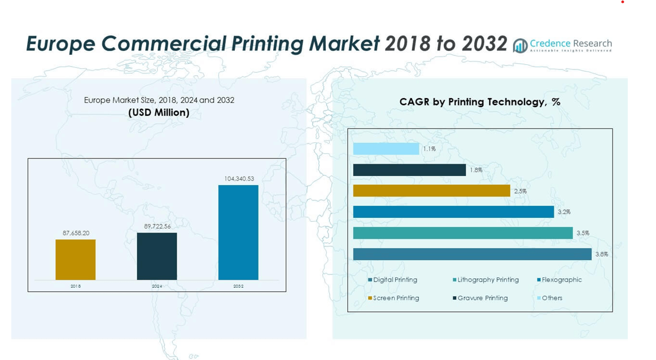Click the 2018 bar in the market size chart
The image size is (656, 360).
tap(76, 260)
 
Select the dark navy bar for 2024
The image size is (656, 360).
tap(157, 256)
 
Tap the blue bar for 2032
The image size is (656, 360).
tap(238, 232)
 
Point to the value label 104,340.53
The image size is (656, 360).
tap(239, 179)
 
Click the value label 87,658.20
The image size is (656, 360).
tap(76, 233)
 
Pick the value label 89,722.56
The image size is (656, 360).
tap(157, 226)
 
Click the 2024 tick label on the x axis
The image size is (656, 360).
tap(157, 287)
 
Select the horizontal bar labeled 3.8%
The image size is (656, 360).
tap(472, 254)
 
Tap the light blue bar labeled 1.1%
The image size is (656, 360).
tap(386, 149)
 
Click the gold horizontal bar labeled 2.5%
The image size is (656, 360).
tap(431, 191)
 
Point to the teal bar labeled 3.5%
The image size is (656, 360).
tap(463, 233)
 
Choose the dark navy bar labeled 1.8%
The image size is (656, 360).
tap(409, 170)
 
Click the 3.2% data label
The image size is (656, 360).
tap(564, 212)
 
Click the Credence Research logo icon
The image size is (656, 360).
tap(520, 46)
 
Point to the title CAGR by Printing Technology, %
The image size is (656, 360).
tap(479, 102)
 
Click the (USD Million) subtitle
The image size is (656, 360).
tap(159, 113)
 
